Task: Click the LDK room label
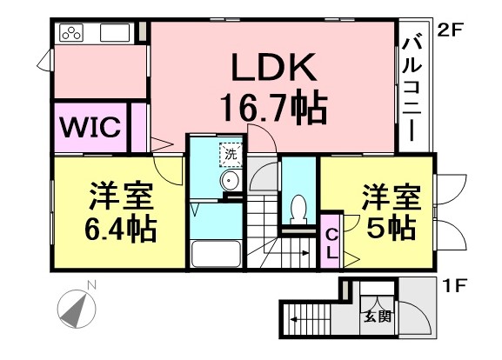(x=273, y=67)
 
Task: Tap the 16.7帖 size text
(x=274, y=107)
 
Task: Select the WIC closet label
(x=90, y=127)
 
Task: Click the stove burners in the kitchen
(x=71, y=33)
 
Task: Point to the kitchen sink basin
(x=115, y=33)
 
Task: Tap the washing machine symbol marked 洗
(x=231, y=155)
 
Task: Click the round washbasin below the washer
(x=229, y=180)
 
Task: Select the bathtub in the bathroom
(x=216, y=254)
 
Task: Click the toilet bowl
(x=298, y=210)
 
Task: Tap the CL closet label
(x=331, y=245)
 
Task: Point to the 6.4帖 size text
(x=121, y=229)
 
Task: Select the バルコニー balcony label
(x=412, y=90)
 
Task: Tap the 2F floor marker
(x=450, y=31)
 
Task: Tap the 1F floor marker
(x=453, y=286)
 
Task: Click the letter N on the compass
(x=92, y=285)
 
